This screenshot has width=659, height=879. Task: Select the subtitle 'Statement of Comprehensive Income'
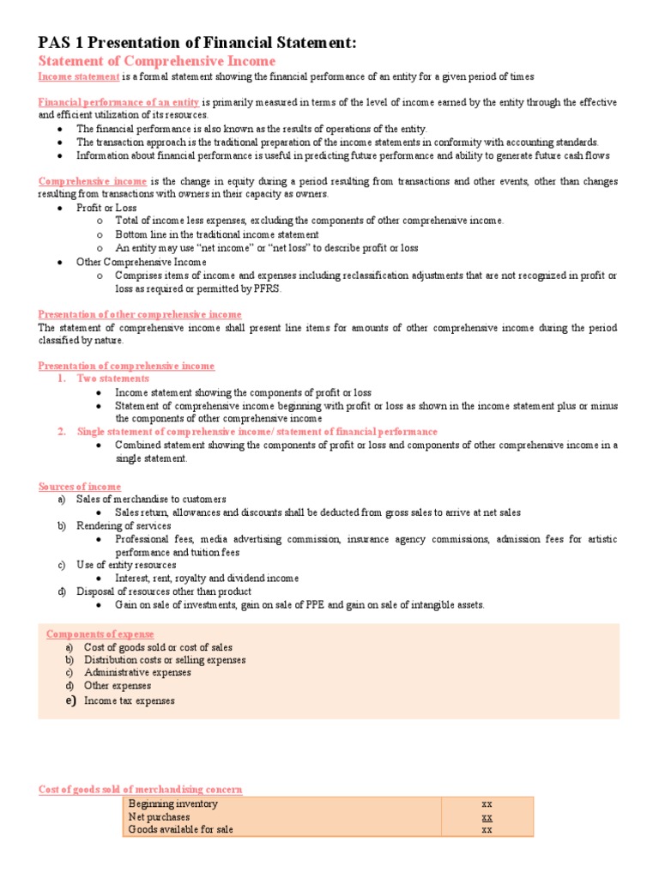click(x=157, y=62)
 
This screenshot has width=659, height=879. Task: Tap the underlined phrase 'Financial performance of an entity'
click(x=119, y=102)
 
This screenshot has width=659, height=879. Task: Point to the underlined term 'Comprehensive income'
click(x=93, y=182)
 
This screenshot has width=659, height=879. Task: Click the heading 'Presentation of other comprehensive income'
click(x=140, y=314)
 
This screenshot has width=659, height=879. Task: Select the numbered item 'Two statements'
click(x=112, y=379)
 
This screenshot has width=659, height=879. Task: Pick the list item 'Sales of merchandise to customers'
click(x=151, y=500)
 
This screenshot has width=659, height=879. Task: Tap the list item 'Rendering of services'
click(x=124, y=526)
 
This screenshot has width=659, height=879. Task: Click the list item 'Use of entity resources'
click(x=126, y=566)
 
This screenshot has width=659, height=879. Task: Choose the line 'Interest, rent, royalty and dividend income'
click(x=207, y=579)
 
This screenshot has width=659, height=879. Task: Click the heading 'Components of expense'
click(x=100, y=634)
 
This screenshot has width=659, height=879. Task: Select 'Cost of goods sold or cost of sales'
click(x=158, y=647)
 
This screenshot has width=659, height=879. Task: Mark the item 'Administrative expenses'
click(x=137, y=673)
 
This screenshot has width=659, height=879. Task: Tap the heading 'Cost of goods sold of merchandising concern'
click(x=141, y=789)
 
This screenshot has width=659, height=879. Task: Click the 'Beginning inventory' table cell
click(x=173, y=804)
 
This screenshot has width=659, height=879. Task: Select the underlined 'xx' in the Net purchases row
click(x=487, y=817)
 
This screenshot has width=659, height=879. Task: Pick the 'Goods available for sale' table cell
click(x=180, y=830)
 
